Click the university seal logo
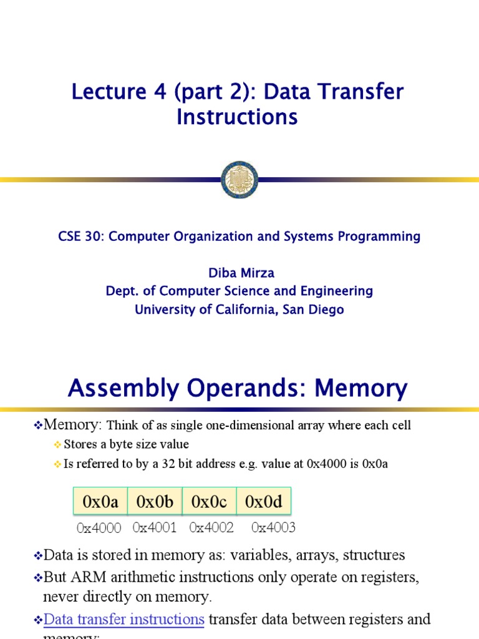point(239,180)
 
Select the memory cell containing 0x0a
point(100,502)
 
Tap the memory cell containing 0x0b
point(155,502)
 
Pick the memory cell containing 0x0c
point(209,502)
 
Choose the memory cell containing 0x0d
point(264,502)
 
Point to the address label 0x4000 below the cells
point(99,529)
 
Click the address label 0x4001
point(155,527)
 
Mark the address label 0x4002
point(211,527)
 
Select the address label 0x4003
point(273,527)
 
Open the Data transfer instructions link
point(124,619)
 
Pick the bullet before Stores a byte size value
point(58,445)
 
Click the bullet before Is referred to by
point(58,465)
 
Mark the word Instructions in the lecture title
point(237,117)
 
